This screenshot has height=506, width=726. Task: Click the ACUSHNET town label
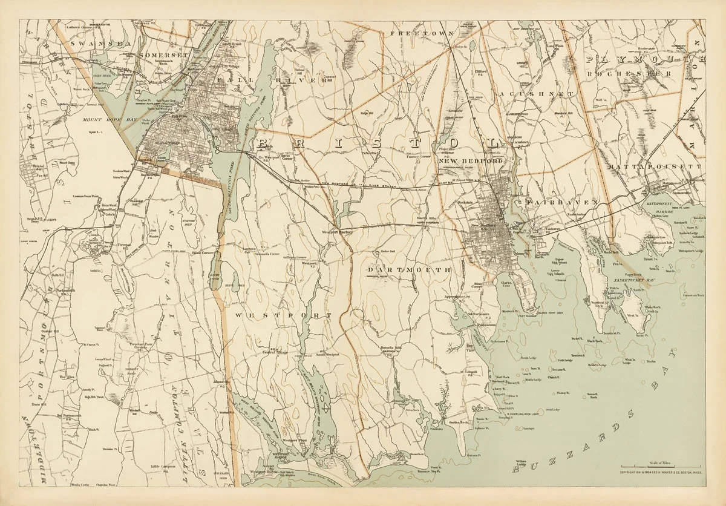point(536,94)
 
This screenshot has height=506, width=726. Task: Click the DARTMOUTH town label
point(409,269)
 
